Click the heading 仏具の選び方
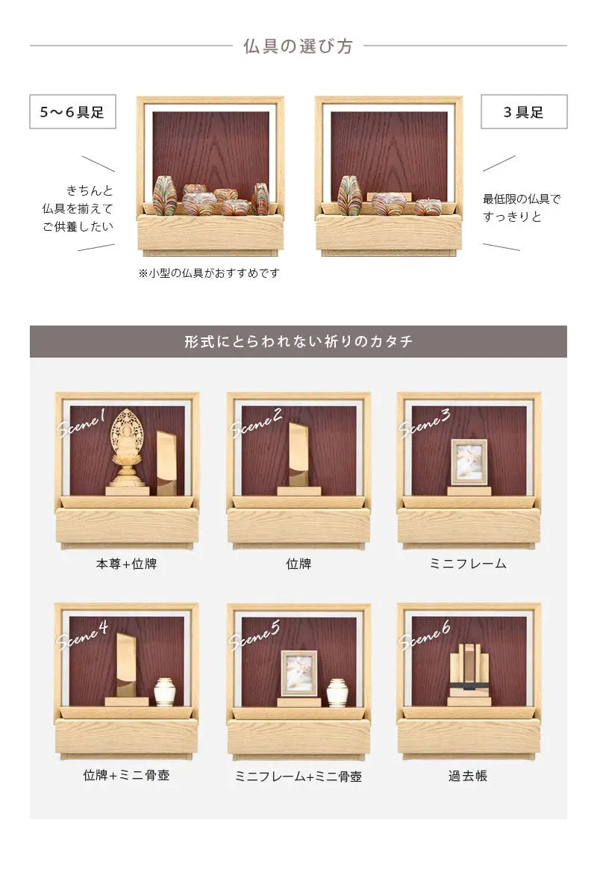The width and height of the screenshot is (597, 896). (298, 46)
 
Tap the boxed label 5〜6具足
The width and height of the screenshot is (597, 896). (73, 111)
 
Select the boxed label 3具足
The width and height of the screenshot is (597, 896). (524, 111)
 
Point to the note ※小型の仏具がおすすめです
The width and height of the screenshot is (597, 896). (209, 273)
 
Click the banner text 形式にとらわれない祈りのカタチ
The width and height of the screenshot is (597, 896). (298, 342)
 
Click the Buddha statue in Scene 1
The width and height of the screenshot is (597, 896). (127, 452)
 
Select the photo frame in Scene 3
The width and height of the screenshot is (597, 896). (469, 462)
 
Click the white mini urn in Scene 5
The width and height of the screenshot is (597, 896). (337, 693)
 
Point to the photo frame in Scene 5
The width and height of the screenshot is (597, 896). (299, 673)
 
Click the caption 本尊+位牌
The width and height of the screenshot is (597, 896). (126, 564)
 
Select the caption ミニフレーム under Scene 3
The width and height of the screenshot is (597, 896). (468, 564)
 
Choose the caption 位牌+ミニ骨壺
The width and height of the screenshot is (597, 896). (126, 775)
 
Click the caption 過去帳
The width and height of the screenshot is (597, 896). (468, 776)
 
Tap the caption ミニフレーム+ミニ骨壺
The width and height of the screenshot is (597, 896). (298, 777)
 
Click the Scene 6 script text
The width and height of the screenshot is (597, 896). (425, 635)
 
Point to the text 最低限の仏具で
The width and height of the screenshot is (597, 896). (522, 199)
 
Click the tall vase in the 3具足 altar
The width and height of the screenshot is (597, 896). (350, 196)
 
